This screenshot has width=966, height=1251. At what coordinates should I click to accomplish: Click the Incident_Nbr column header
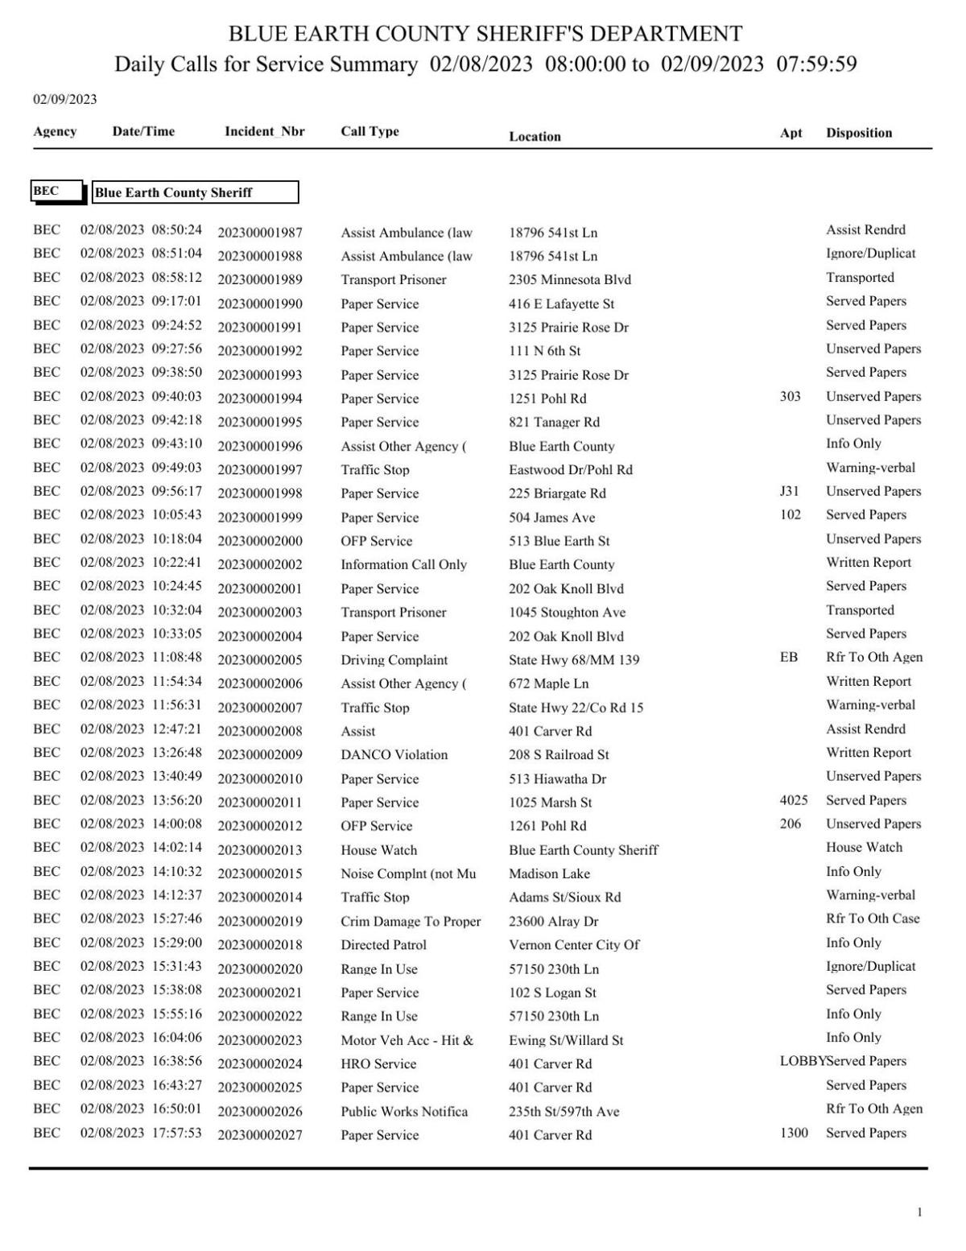[264, 131]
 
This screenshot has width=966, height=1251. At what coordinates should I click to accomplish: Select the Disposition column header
[858, 133]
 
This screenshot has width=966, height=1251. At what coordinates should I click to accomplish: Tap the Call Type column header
[369, 131]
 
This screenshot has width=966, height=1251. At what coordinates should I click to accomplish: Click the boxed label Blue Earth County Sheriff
[195, 192]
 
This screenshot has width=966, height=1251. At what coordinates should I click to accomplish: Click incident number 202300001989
[260, 280]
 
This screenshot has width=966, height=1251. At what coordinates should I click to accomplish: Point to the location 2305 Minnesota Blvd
[569, 280]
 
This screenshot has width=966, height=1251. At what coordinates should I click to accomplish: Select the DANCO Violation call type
[394, 755]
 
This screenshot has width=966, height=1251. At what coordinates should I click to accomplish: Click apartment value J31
[789, 491]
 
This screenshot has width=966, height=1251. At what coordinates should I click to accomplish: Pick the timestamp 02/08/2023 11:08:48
[141, 658]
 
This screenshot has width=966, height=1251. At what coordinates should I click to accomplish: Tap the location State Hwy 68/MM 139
[573, 660]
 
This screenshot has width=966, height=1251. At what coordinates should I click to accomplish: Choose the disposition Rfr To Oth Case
[872, 919]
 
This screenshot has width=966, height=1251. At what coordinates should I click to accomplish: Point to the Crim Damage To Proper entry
[410, 922]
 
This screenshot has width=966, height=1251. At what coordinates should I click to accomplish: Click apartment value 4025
[793, 800]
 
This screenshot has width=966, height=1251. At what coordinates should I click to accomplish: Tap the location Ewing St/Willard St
[565, 1040]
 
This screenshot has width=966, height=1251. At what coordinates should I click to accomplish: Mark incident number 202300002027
[260, 1135]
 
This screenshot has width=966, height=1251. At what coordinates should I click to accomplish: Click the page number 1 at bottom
[919, 1212]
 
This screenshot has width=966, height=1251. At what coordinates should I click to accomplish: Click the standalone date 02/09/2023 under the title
[64, 100]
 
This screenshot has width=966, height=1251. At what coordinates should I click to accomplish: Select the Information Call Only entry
[403, 565]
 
